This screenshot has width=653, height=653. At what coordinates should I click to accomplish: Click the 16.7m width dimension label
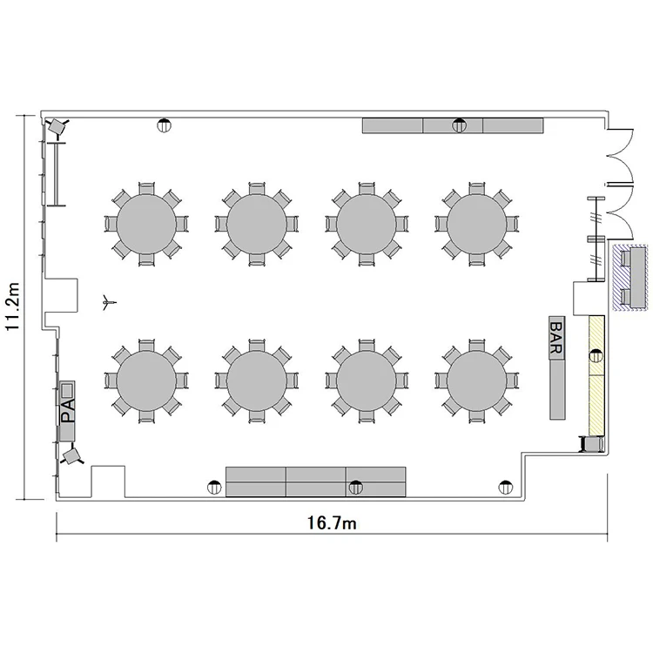pyautogui.click(x=332, y=523)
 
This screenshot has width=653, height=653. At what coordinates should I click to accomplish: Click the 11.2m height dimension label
pyautogui.click(x=13, y=306)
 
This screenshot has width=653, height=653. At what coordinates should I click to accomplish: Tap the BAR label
pyautogui.click(x=557, y=338)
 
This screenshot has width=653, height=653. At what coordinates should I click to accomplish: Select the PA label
pyautogui.click(x=67, y=410)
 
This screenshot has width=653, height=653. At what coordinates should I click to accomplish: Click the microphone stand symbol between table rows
pyautogui.click(x=108, y=303)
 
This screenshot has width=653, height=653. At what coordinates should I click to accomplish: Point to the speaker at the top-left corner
pyautogui.click(x=57, y=125)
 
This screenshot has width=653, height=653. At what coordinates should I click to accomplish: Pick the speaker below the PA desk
pyautogui.click(x=71, y=456)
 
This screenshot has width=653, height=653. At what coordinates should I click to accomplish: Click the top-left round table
pyautogui.click(x=146, y=224)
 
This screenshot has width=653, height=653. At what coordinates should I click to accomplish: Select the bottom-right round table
pyautogui.click(x=477, y=381)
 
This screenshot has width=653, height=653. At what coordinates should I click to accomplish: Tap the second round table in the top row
pyautogui.click(x=257, y=224)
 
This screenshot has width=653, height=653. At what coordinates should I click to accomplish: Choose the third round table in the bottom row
pyautogui.click(x=367, y=381)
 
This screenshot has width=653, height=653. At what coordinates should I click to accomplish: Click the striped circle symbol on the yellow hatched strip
pyautogui.click(x=596, y=356)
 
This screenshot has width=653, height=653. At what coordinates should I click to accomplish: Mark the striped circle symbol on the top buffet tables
pyautogui.click(x=460, y=125)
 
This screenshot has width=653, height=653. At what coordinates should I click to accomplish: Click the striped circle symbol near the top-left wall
pyautogui.click(x=165, y=125)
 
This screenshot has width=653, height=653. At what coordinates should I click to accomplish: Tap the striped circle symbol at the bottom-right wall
pyautogui.click(x=506, y=487)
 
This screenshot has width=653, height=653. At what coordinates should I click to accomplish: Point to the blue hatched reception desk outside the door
pyautogui.click(x=630, y=278)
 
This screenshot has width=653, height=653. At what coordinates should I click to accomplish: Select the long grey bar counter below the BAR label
pyautogui.click(x=557, y=389)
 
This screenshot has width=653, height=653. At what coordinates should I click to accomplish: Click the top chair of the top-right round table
pyautogui.click(x=477, y=188)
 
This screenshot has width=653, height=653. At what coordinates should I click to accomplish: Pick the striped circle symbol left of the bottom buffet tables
pyautogui.click(x=214, y=487)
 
